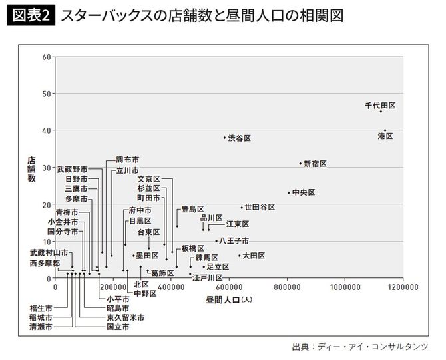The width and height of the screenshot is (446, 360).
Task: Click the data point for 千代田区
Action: point(381,112)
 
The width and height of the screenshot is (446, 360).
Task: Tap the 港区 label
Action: point(385,136)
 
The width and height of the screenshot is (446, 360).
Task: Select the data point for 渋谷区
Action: point(224,138)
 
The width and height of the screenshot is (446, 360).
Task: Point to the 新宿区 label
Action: point(315,164)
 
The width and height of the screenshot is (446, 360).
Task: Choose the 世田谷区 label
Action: point(260,207)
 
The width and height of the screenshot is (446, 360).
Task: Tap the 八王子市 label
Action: point(234,240)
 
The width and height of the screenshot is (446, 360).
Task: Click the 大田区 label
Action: point(254,255)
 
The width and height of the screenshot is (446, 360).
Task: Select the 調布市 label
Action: point(127,160)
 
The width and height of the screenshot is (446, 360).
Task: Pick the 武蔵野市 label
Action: point(72,169)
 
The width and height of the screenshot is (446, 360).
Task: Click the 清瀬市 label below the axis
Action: point(41,327)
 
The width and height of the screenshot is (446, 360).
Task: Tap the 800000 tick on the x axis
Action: point(287,287)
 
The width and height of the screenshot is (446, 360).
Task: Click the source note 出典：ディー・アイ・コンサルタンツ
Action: point(359,347)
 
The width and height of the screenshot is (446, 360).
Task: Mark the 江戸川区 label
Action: point(207,277)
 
